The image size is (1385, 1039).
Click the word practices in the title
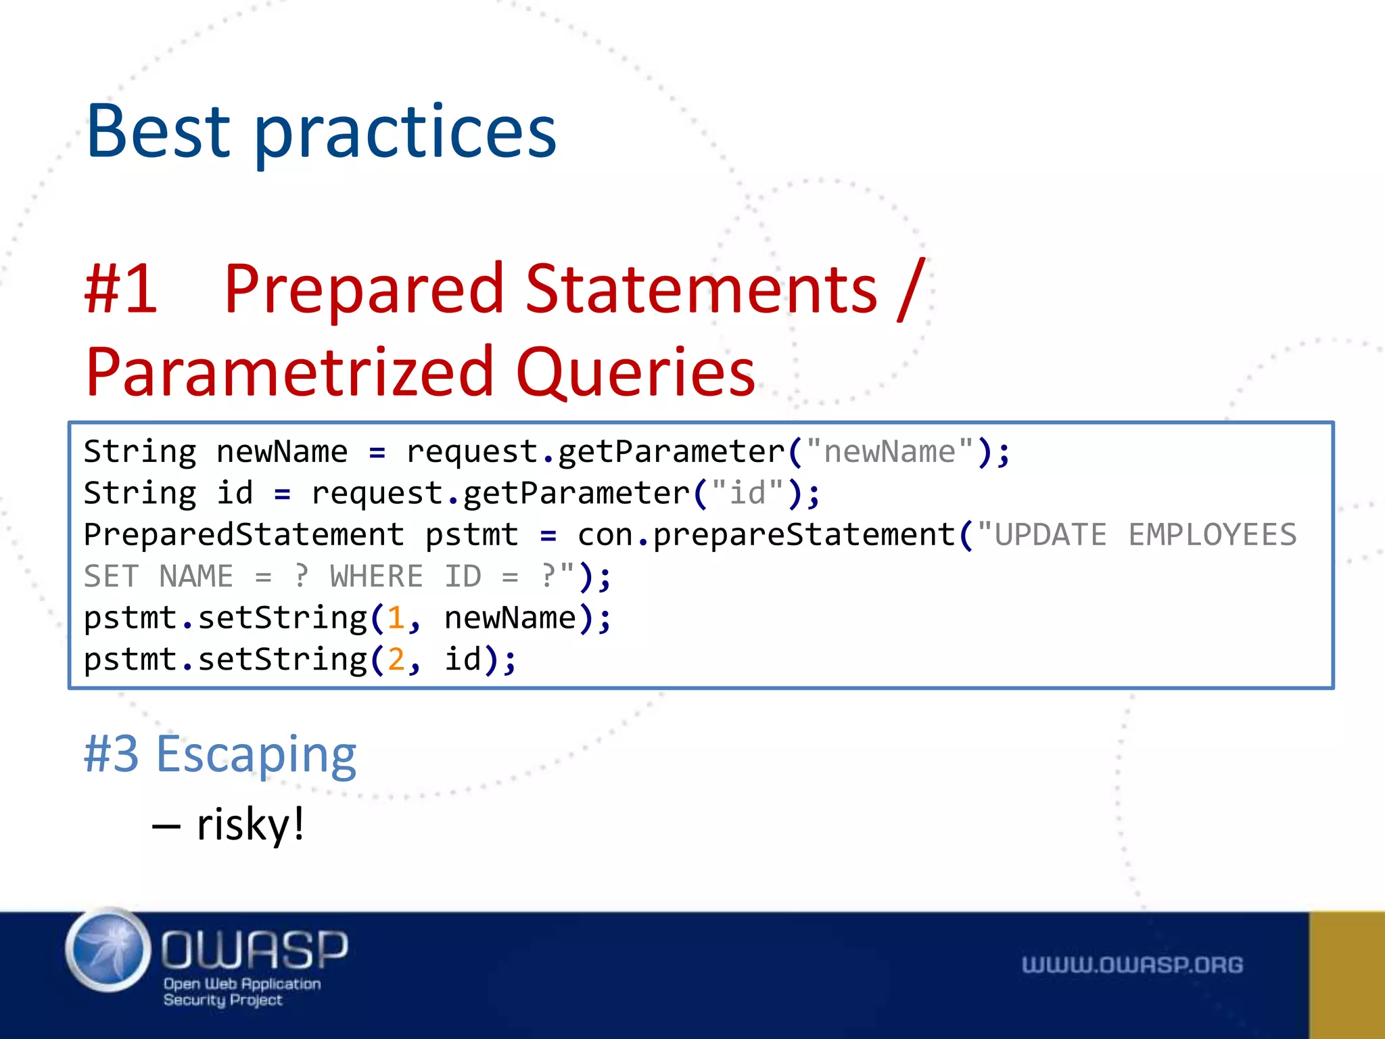[x=404, y=134]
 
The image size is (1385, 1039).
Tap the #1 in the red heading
[x=121, y=290]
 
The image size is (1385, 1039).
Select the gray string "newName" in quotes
[x=889, y=451]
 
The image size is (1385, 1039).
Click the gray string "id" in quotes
[x=747, y=492]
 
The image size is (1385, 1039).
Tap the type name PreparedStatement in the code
[x=243, y=534]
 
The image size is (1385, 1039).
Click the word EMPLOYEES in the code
[x=1212, y=534]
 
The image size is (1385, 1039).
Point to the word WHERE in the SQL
[x=376, y=576]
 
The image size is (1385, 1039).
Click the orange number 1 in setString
[x=396, y=618]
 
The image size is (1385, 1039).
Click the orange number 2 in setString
[x=396, y=660]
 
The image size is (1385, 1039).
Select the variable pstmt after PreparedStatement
[x=471, y=534]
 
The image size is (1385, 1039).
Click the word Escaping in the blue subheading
[x=256, y=755]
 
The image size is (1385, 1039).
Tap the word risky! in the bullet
[x=250, y=825]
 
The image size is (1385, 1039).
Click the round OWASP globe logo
[x=108, y=950]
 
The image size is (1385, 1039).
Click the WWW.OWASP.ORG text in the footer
[x=1132, y=965]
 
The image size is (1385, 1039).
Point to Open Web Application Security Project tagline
[x=241, y=992]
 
